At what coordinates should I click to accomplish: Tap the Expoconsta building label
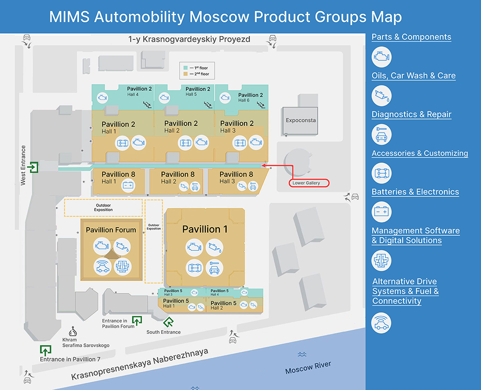pyautogui.click(x=301, y=120)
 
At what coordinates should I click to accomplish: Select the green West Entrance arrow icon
pyautogui.click(x=33, y=168)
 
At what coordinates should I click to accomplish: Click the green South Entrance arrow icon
pyautogui.click(x=168, y=322)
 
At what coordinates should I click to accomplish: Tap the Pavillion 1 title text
pyautogui.click(x=205, y=230)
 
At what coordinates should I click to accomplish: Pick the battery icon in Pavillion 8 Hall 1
pyautogui.click(x=128, y=185)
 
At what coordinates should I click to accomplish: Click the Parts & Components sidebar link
pyautogui.click(x=411, y=37)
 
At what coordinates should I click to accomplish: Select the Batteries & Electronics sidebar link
pyautogui.click(x=415, y=192)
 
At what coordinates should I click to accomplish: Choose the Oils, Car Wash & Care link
pyautogui.click(x=414, y=76)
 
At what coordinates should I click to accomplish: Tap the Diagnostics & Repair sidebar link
pyautogui.click(x=411, y=115)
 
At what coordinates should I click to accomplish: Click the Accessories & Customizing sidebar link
pyautogui.click(x=419, y=154)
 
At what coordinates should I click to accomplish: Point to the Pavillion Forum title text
pyautogui.click(x=111, y=230)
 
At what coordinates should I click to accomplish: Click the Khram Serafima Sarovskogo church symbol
pyautogui.click(x=73, y=331)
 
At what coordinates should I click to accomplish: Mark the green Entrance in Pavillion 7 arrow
pyautogui.click(x=46, y=350)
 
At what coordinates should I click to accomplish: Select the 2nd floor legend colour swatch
pyautogui.click(x=185, y=74)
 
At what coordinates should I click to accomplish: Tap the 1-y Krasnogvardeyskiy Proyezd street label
pyautogui.click(x=189, y=39)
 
